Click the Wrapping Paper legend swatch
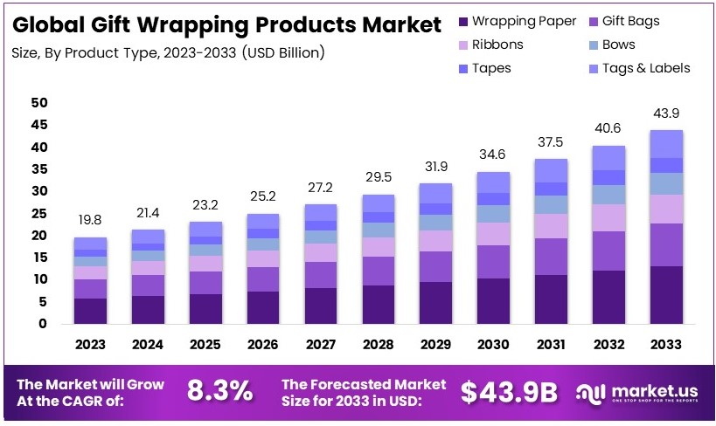(462, 21)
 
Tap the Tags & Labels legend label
(646, 68)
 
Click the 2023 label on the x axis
(90, 346)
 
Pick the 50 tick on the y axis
(38, 103)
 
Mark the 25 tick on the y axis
(38, 213)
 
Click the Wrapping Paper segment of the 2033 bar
(667, 294)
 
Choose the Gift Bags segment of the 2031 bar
(552, 257)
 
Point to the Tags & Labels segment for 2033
(667, 143)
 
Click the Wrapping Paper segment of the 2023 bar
(90, 311)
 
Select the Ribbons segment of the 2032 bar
(609, 217)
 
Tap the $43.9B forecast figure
(508, 392)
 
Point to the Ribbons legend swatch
(462, 45)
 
